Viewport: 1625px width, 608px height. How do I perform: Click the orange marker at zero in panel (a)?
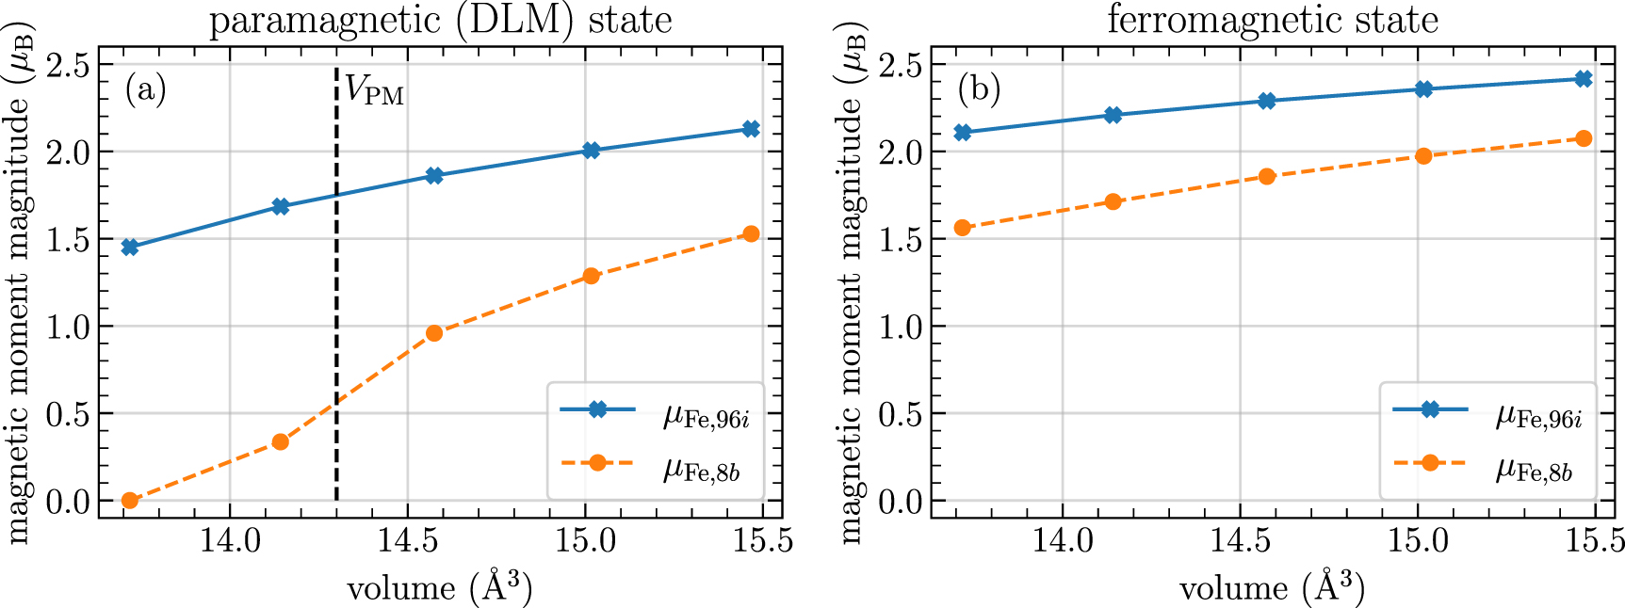pos(130,501)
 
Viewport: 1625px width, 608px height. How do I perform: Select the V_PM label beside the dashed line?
pos(374,90)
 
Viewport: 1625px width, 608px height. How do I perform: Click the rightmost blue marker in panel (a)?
pos(751,129)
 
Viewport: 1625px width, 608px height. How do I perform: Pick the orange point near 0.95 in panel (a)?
pos(434,333)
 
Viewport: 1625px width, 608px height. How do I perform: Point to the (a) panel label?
pos(145,90)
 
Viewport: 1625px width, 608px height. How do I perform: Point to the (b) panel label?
pos(979,90)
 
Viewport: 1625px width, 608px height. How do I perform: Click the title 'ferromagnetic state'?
pos(1272,19)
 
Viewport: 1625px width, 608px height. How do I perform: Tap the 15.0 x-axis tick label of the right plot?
pos(1418,541)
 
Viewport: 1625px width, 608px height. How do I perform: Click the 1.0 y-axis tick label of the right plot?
pos(902,327)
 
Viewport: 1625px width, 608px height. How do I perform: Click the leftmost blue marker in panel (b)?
pos(963,133)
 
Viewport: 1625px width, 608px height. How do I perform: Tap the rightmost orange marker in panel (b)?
pos(1584,138)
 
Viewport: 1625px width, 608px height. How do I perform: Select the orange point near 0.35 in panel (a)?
pos(280,441)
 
